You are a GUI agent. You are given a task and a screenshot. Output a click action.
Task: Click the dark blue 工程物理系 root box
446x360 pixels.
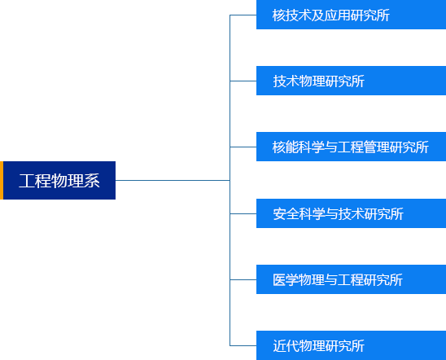(59, 181)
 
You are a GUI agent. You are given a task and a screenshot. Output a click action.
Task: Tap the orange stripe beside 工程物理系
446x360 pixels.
(2, 181)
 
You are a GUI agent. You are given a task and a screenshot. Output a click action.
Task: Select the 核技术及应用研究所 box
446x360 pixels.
(351, 15)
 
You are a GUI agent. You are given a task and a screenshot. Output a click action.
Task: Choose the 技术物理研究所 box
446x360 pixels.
(351, 81)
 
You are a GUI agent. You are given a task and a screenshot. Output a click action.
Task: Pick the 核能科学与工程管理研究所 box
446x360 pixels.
(351, 147)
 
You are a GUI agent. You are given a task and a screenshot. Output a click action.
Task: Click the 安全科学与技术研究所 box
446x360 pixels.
(351, 213)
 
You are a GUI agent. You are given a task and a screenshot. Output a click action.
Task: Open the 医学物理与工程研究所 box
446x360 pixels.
(351, 279)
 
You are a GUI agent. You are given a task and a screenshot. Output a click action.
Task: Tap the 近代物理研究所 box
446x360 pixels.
(351, 345)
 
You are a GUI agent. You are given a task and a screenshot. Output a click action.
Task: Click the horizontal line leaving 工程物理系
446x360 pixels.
(173, 181)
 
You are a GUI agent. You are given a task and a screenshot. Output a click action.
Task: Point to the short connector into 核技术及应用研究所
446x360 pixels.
(243, 15)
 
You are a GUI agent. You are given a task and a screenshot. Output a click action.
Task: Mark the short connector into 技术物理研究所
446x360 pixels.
(243, 81)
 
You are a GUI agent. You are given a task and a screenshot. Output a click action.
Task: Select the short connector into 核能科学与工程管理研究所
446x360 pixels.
(243, 147)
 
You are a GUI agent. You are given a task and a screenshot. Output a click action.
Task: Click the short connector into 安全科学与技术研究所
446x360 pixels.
(243, 213)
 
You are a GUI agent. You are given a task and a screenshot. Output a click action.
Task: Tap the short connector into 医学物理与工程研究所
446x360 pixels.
(243, 279)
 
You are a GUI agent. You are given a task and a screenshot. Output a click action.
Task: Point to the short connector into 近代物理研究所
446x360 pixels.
(243, 346)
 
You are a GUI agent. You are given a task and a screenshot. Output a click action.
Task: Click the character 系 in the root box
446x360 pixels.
(92, 181)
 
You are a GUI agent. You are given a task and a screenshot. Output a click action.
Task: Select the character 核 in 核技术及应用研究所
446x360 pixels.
(278, 15)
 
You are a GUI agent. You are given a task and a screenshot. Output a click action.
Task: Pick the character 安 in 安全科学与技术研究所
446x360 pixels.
(279, 214)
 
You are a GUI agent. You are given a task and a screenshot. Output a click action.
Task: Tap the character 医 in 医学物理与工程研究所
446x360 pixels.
(279, 280)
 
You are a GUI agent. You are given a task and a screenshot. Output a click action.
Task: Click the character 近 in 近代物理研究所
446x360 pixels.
(279, 346)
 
